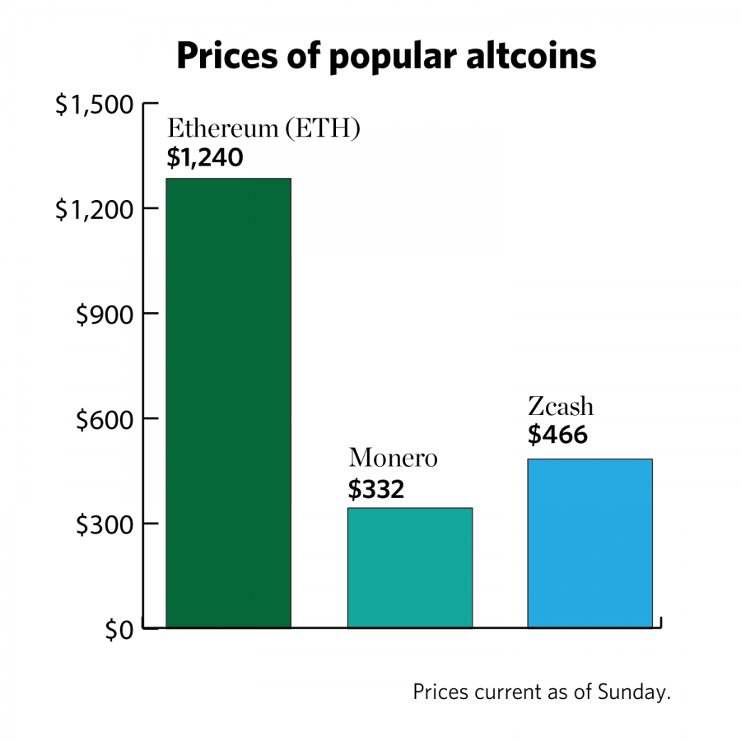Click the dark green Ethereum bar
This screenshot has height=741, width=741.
click(x=228, y=403)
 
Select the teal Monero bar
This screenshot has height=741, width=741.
click(x=409, y=568)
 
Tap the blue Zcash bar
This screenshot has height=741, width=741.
click(x=590, y=543)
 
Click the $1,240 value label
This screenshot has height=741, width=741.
click(x=205, y=157)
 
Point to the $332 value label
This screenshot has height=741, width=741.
click(x=376, y=490)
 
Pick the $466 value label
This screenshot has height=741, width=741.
click(x=557, y=434)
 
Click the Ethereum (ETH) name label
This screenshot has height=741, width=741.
click(x=263, y=129)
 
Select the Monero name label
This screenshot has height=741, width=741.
click(x=393, y=458)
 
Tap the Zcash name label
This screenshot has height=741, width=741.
click(x=561, y=406)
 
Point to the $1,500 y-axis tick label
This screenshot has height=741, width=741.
click(x=94, y=105)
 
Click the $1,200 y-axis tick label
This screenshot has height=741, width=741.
click(x=94, y=210)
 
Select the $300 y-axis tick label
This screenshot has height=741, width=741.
click(x=104, y=524)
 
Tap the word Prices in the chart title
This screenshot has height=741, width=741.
click(x=221, y=56)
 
